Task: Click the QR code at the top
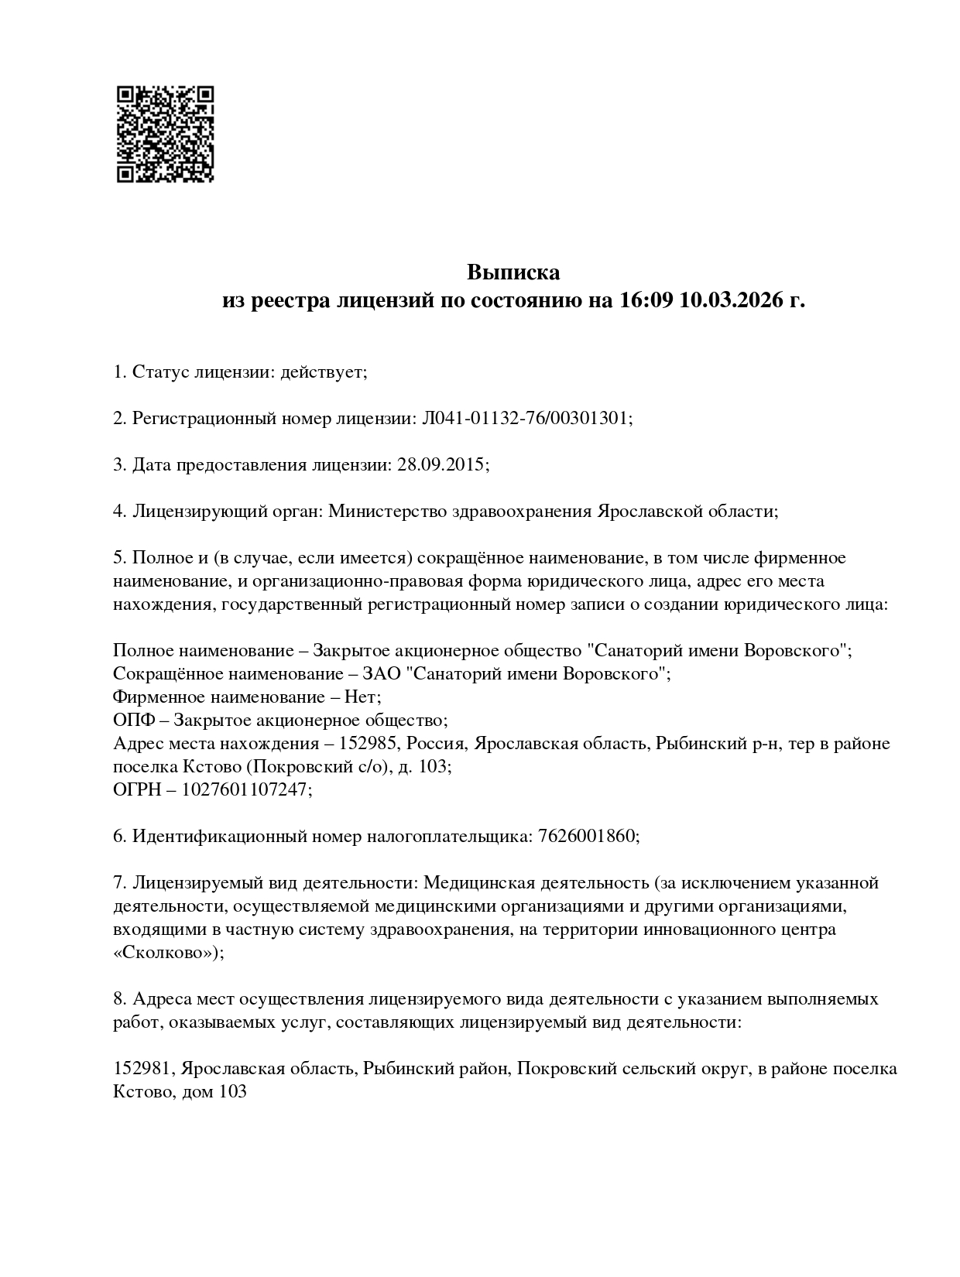(x=165, y=134)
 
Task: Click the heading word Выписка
(x=513, y=272)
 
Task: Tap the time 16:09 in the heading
(x=646, y=300)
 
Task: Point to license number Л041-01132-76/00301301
(x=526, y=419)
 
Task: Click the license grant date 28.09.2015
(x=441, y=465)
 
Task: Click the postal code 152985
(x=362, y=744)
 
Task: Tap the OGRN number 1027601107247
(x=246, y=790)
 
